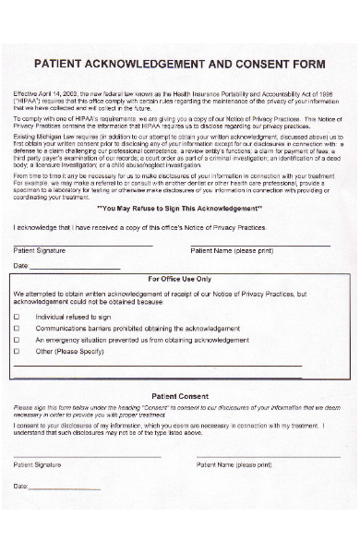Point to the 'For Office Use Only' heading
click(x=180, y=278)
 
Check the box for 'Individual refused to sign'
click(x=17, y=316)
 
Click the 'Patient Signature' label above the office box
click(x=39, y=250)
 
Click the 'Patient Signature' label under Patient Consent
click(x=39, y=464)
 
